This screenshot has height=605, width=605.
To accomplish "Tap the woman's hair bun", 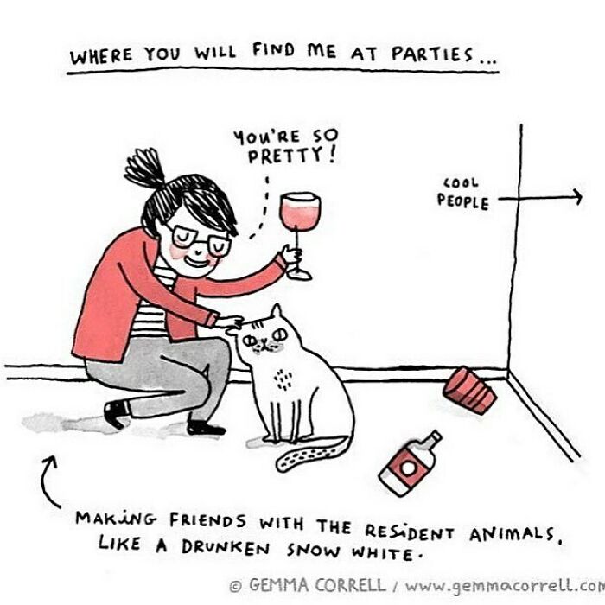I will tap(145, 172).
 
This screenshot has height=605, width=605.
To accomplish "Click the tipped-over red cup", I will tap(470, 388).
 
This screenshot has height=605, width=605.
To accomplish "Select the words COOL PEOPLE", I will tap(462, 194).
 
